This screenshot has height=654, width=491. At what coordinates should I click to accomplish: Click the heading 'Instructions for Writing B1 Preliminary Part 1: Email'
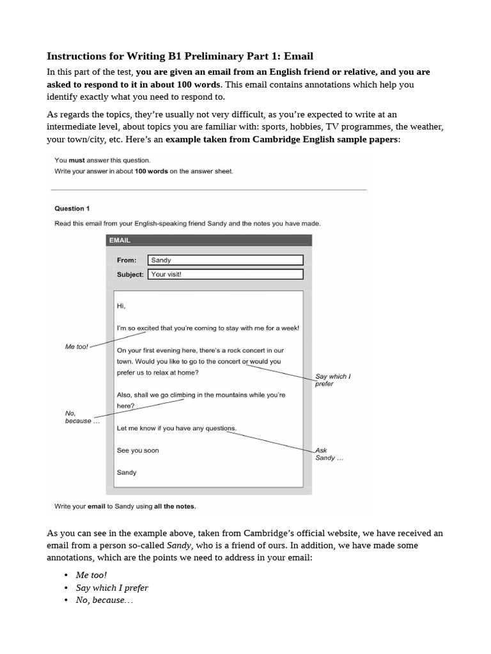click(x=180, y=56)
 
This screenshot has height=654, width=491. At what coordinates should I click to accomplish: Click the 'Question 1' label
click(x=72, y=208)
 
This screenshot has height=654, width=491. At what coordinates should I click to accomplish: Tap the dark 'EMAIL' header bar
click(x=208, y=240)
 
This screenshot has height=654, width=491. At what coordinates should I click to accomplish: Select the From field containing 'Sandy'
click(x=225, y=261)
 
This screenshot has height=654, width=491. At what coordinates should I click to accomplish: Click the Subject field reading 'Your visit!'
click(x=225, y=274)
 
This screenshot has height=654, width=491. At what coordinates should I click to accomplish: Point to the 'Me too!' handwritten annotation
click(x=77, y=346)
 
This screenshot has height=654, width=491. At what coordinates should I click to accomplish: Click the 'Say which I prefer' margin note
click(x=332, y=380)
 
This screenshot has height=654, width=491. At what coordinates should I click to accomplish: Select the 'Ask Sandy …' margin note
click(x=329, y=454)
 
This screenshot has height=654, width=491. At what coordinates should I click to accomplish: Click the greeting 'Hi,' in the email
click(x=121, y=306)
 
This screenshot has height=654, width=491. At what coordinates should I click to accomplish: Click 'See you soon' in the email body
click(x=137, y=450)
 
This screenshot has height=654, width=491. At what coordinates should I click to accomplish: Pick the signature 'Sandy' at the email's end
click(x=127, y=473)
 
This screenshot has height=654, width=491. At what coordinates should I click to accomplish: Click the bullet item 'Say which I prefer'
click(x=112, y=588)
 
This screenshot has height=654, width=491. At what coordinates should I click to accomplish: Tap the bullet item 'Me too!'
click(x=91, y=575)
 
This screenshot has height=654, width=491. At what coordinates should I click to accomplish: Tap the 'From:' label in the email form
click(x=127, y=261)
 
